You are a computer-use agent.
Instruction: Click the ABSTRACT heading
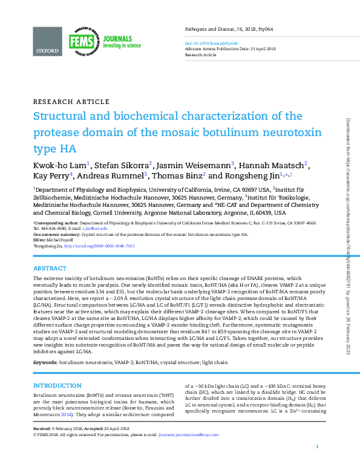click(50, 268)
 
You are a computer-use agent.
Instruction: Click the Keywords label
click(45, 362)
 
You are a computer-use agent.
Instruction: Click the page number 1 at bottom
click(318, 463)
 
